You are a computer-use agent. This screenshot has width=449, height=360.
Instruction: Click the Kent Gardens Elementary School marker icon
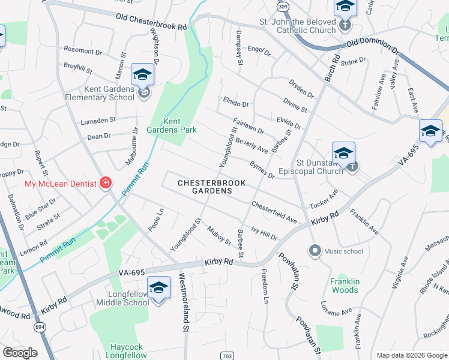coord(143,75)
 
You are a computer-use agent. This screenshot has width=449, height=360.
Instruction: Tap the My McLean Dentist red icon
coord(106,182)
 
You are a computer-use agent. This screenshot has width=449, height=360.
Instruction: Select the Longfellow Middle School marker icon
coord(158,289)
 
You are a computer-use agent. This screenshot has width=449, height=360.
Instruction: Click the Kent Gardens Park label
coord(172,125)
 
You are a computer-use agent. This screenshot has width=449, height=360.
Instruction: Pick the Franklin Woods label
coord(345,286)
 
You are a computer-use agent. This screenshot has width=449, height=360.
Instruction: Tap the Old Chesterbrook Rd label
coord(151,22)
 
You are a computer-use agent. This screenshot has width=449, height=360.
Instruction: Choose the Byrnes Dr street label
coord(262,169)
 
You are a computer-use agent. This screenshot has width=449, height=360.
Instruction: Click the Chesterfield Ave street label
coord(274,212)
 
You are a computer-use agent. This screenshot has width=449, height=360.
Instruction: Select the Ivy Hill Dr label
coord(264,233)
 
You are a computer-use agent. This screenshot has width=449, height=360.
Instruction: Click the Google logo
coord(20,353)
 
